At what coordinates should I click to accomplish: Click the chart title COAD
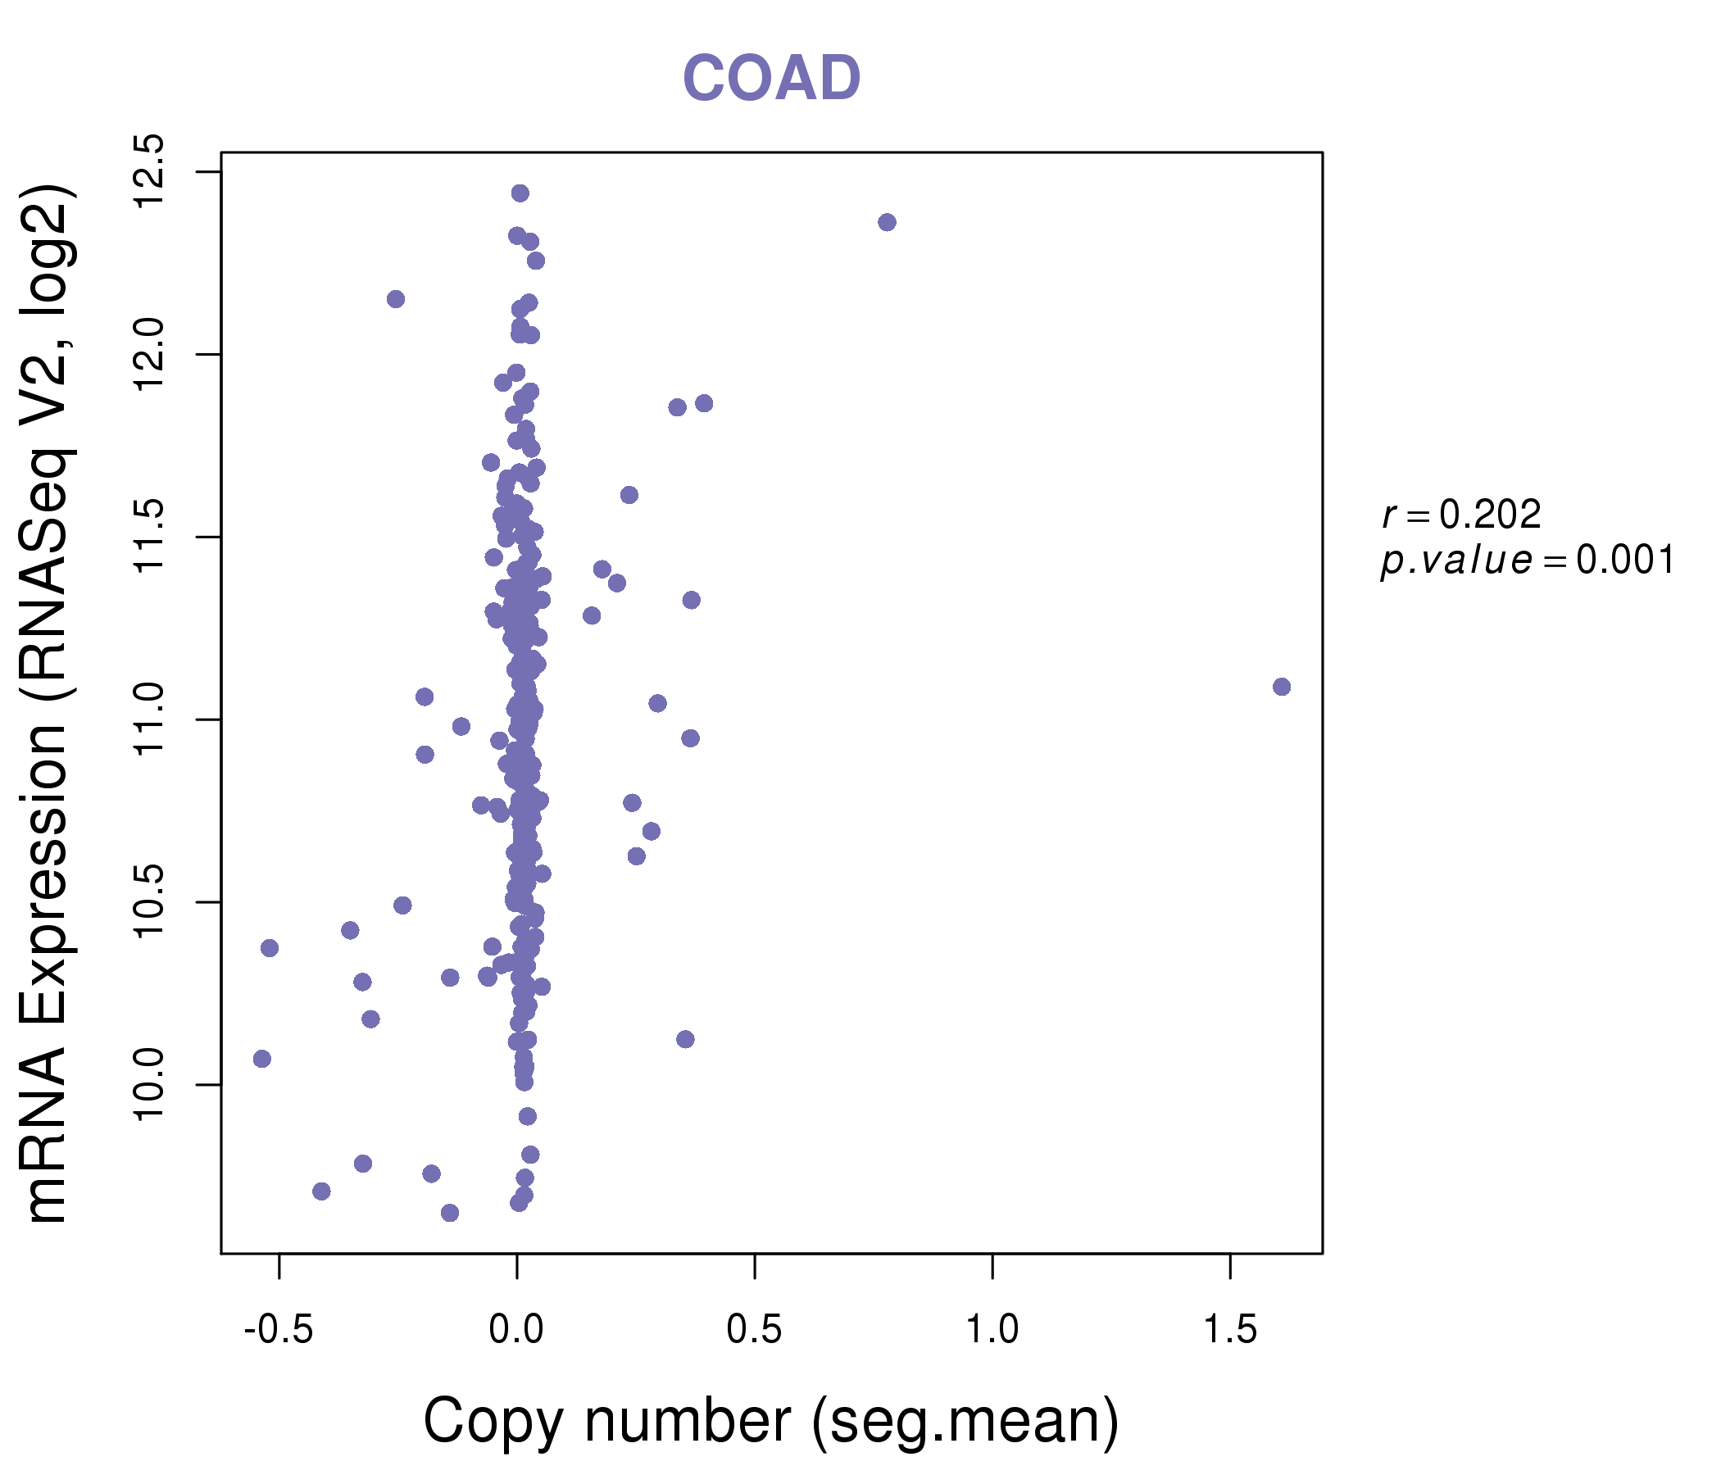click(x=771, y=78)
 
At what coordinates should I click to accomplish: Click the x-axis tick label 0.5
click(x=754, y=1330)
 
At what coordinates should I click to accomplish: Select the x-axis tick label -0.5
click(x=279, y=1330)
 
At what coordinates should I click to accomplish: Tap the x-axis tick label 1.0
click(x=992, y=1330)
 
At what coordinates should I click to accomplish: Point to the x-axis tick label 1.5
click(x=1230, y=1330)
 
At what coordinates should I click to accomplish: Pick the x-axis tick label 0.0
click(x=515, y=1330)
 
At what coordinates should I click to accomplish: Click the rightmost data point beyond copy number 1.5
click(x=1282, y=687)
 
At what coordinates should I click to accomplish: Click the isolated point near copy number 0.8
click(x=887, y=223)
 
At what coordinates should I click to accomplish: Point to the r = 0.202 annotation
click(x=1461, y=515)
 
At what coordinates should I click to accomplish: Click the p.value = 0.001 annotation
click(x=1528, y=560)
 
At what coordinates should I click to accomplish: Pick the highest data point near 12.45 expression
click(x=520, y=193)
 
